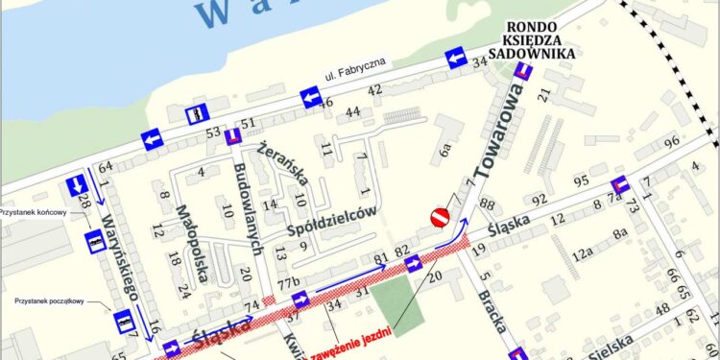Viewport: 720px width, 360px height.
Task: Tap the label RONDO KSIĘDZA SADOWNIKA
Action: [537, 41]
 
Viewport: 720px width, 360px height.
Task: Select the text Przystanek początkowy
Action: [50, 301]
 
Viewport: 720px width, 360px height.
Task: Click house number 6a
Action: [445, 151]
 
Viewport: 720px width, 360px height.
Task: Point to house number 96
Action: [670, 143]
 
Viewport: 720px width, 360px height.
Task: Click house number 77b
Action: [289, 280]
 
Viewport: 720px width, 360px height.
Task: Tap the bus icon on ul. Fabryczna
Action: [197, 113]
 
